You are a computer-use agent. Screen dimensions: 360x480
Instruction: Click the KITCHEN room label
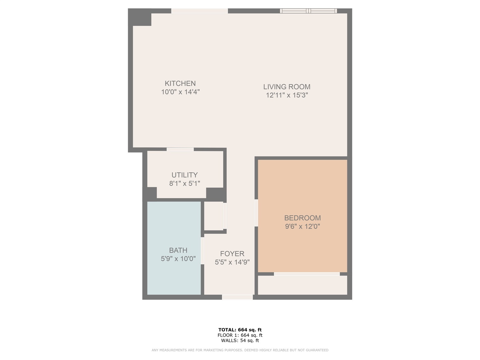(x=180, y=83)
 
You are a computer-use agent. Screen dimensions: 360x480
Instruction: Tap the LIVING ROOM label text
(x=287, y=87)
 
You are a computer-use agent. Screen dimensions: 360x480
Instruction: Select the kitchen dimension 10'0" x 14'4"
(x=180, y=92)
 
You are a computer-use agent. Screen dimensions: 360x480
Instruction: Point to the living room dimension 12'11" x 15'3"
(x=287, y=95)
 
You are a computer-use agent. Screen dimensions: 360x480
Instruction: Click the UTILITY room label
(x=184, y=175)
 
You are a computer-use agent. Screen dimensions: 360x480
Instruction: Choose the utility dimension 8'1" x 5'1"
(x=184, y=183)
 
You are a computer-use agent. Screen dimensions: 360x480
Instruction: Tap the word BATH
(x=178, y=250)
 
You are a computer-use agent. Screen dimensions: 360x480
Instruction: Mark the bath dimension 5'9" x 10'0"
(x=178, y=259)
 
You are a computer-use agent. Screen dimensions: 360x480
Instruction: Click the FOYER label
(x=232, y=254)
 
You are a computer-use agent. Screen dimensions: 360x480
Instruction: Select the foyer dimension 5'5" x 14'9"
(x=232, y=262)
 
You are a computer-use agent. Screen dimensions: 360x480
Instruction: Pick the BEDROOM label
(x=302, y=218)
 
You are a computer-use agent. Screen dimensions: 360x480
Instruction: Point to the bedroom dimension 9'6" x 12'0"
(x=302, y=227)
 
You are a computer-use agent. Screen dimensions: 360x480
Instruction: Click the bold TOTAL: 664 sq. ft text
(x=240, y=330)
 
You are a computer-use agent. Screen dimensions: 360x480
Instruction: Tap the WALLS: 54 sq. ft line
(x=240, y=341)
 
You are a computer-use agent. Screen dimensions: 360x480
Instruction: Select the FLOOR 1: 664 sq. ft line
(x=240, y=335)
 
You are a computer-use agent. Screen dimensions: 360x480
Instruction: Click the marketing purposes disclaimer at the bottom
(x=240, y=350)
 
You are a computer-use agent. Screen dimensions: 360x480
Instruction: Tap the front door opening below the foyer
(x=237, y=297)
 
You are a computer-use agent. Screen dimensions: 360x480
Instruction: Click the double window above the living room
(x=308, y=11)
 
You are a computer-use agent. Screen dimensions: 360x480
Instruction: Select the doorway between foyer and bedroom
(x=256, y=213)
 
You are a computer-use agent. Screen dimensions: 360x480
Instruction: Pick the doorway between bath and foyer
(x=202, y=251)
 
